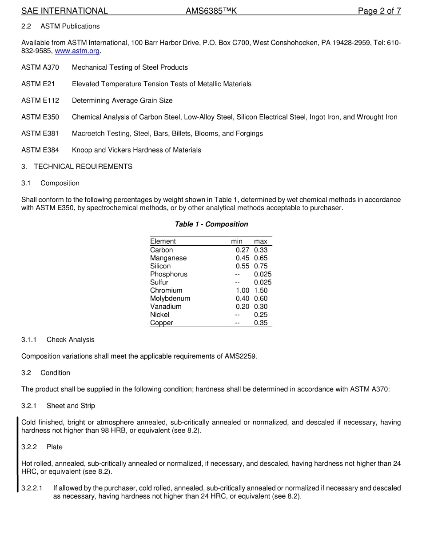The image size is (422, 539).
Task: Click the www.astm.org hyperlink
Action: coord(77,51)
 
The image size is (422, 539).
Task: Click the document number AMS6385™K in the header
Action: coord(211,11)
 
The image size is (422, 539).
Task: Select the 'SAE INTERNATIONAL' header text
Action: coord(64,11)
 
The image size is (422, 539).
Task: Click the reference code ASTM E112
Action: coord(40,100)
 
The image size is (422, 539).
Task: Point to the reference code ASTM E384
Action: coord(40,150)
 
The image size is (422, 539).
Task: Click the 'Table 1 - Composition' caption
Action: coord(211,224)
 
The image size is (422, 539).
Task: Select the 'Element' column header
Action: coord(163,241)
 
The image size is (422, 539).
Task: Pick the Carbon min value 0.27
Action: coord(242,250)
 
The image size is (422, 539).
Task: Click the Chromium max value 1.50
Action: coord(261,291)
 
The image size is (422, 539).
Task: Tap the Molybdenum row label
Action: coord(170,299)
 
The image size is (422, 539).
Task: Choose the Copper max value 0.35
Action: coord(261,323)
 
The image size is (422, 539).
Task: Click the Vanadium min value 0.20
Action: coord(242,307)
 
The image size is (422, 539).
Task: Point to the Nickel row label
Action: coord(159,315)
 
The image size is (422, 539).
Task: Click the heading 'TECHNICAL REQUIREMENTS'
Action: coord(83,167)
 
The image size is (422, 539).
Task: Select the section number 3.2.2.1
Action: coord(32,488)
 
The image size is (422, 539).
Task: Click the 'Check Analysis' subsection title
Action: coord(71,340)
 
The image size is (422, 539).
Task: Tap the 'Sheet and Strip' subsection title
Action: coord(71,406)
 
